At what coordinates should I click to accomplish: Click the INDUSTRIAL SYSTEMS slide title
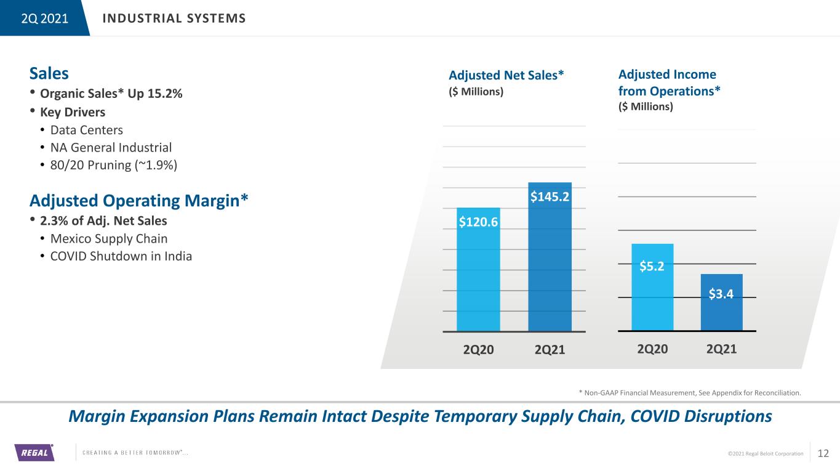click(x=174, y=18)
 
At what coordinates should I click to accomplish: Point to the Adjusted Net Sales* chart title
click(x=506, y=75)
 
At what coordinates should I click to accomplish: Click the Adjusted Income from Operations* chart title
click(x=669, y=83)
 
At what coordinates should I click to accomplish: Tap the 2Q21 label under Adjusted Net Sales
click(x=550, y=350)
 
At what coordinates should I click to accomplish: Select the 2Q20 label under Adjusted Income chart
click(x=652, y=349)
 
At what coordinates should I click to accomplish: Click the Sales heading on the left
click(x=49, y=73)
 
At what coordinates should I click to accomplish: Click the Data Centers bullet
click(x=91, y=130)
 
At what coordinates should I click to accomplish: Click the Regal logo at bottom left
click(x=34, y=453)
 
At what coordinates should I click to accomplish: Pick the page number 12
click(x=823, y=453)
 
